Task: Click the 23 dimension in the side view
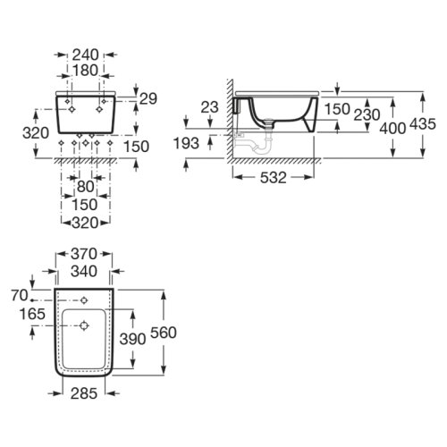pos(208,106)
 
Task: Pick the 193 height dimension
pos(188,143)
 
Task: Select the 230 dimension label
pos(366,114)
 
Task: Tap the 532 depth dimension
pos(274,177)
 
